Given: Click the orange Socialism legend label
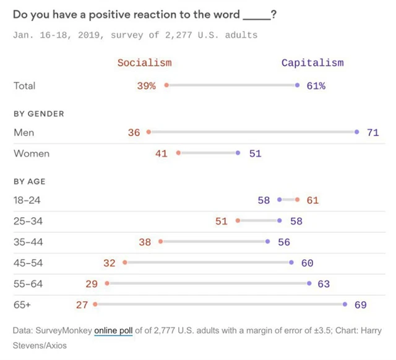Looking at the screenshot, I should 144,62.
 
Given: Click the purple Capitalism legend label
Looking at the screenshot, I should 312,62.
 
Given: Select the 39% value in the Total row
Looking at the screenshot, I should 146,86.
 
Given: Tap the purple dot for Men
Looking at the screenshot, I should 357,132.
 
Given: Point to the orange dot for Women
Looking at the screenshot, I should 178,153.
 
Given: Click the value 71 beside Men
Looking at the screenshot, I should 372,132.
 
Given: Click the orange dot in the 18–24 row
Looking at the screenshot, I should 298,200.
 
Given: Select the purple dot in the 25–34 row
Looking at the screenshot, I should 280,221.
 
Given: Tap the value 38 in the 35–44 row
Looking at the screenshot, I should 145,242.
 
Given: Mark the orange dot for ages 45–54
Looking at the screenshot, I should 124,263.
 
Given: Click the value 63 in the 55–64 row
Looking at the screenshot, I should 324,284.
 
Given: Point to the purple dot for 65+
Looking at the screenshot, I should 345,304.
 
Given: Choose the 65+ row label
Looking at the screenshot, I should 22,305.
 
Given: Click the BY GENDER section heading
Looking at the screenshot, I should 38,114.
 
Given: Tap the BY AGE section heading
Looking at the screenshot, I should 29,182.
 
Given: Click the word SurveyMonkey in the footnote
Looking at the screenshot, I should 64,331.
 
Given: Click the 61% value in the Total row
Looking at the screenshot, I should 316,86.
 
